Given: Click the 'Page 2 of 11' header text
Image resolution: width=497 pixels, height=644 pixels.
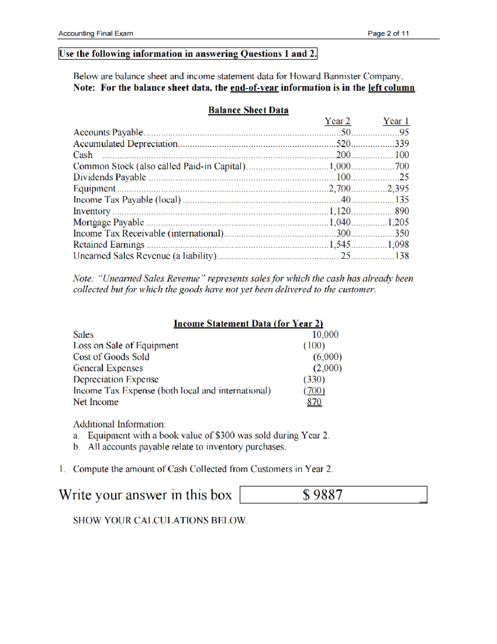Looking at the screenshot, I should pyautogui.click(x=388, y=34).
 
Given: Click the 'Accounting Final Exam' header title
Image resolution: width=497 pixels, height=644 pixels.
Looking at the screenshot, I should pyautogui.click(x=96, y=34).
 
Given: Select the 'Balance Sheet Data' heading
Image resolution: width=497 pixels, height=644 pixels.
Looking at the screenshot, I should pyautogui.click(x=248, y=110).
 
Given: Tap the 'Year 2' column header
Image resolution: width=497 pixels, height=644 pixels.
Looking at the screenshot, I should pyautogui.click(x=337, y=122).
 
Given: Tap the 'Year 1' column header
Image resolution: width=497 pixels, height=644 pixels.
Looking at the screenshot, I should pyautogui.click(x=396, y=122).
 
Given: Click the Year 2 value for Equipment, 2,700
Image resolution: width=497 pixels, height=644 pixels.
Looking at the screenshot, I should pyautogui.click(x=340, y=189).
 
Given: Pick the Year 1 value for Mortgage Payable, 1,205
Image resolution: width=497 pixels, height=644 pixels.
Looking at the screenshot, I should pyautogui.click(x=398, y=222).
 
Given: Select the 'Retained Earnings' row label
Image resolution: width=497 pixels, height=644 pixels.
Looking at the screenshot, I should pyautogui.click(x=109, y=245).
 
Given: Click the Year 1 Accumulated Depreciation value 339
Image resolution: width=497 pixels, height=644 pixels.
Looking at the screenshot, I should pyautogui.click(x=401, y=144).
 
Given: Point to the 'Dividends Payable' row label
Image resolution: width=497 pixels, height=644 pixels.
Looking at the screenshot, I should pyautogui.click(x=109, y=177).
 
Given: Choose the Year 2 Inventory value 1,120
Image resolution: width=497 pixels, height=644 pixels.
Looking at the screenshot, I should pyautogui.click(x=340, y=211).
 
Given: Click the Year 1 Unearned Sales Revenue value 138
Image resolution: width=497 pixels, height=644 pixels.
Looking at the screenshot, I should pyautogui.click(x=401, y=256).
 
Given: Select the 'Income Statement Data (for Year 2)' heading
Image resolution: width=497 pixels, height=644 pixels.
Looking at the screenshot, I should pyautogui.click(x=248, y=324).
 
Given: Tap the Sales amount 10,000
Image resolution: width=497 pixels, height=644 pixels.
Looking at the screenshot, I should pyautogui.click(x=325, y=335).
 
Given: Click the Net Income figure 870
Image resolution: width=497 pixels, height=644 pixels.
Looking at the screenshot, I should pyautogui.click(x=314, y=402).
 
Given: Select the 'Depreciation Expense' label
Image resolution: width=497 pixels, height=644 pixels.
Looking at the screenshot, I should pyautogui.click(x=116, y=379).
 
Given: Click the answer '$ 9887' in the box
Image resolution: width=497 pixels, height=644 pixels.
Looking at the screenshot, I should pyautogui.click(x=322, y=495).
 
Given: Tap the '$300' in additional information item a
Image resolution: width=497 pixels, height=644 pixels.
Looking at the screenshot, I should pyautogui.click(x=225, y=435).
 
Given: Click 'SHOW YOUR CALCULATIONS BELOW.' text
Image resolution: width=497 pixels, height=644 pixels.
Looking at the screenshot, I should pyautogui.click(x=160, y=520).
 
